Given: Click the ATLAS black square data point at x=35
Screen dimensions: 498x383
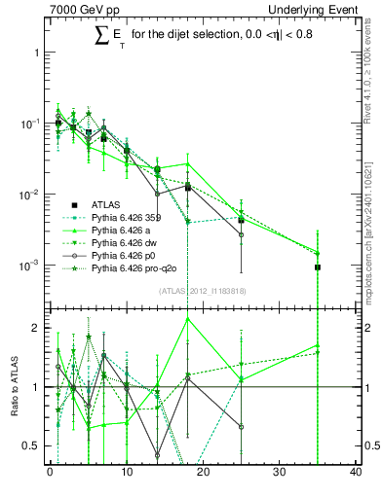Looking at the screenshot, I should pos(318,267).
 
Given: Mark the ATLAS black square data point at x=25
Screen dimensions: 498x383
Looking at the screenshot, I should pos(241,221).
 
